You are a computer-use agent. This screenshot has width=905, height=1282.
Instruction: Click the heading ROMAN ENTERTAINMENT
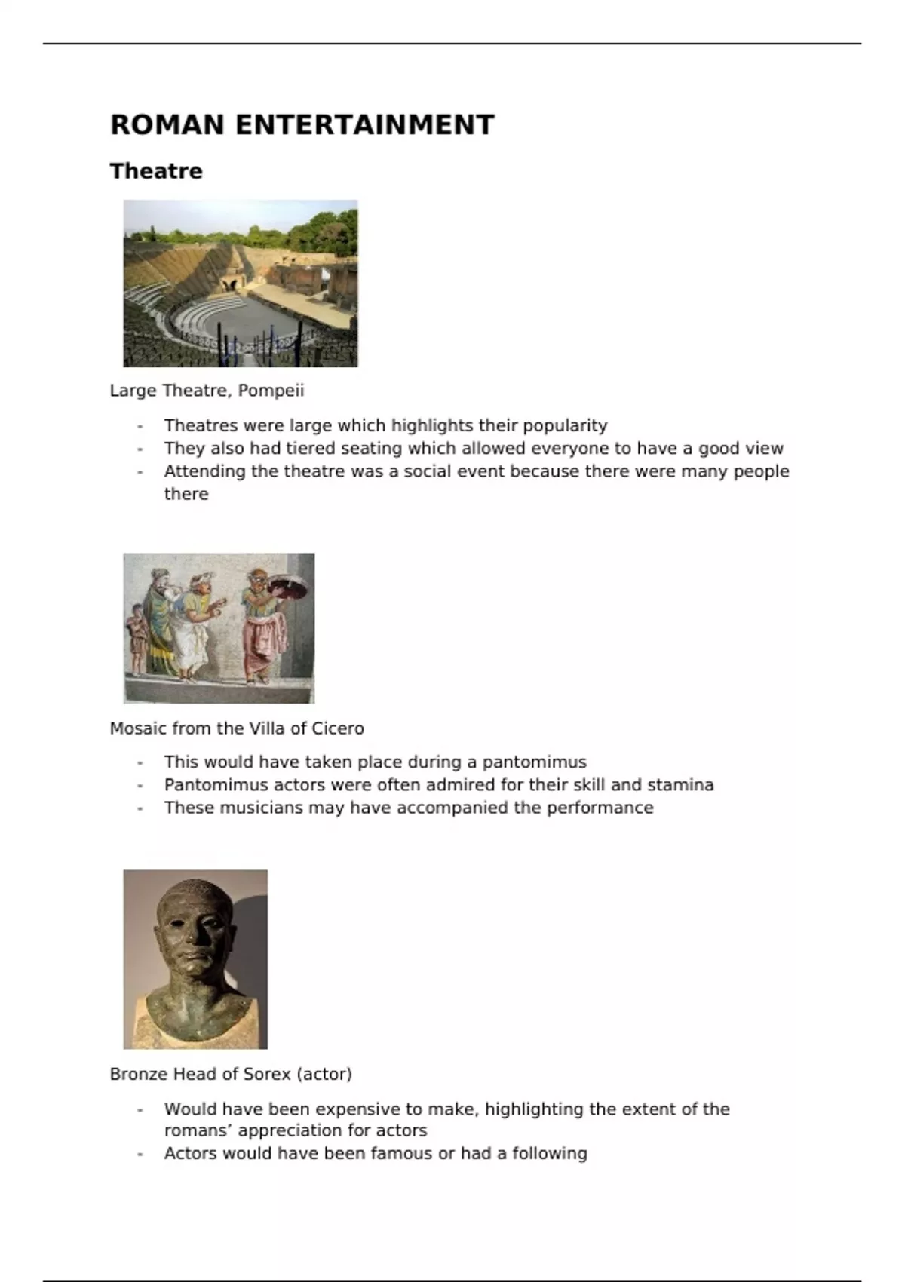pyautogui.click(x=302, y=125)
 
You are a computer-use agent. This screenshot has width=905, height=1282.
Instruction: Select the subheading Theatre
pyautogui.click(x=156, y=171)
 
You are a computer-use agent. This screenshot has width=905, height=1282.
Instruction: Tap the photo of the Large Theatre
pyautogui.click(x=240, y=283)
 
